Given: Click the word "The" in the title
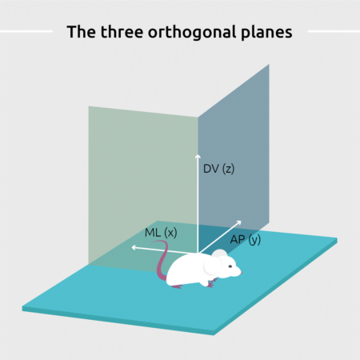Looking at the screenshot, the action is (x=81, y=32).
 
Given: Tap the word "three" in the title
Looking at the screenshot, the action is (x=122, y=32).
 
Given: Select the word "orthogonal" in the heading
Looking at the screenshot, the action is (x=192, y=33).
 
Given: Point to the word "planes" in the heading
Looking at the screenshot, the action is (x=266, y=33).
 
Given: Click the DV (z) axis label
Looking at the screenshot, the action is (x=218, y=169).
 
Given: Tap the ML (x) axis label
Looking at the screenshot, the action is (x=161, y=233).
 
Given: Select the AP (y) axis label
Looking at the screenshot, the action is (x=246, y=239).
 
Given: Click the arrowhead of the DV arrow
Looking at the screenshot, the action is (x=198, y=156).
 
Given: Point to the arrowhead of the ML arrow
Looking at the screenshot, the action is (x=134, y=248).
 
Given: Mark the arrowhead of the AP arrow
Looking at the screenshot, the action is (x=239, y=222).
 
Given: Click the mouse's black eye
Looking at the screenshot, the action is (x=230, y=266).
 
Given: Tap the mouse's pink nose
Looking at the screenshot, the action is (x=241, y=273).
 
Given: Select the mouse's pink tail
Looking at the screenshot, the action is (x=161, y=258).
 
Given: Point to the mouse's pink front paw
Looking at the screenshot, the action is (x=212, y=282).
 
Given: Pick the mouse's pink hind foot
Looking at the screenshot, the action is (x=177, y=286).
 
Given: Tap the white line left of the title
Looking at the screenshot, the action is (x=26, y=31).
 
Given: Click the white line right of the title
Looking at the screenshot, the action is (x=334, y=31).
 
